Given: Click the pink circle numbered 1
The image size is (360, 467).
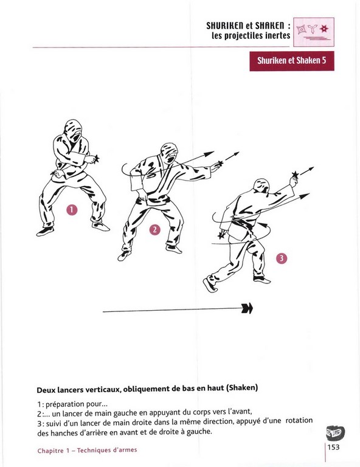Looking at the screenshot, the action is click(72, 210).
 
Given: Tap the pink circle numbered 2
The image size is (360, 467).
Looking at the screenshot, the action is click(155, 230).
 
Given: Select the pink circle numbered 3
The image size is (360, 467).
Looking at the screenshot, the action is click(282, 258).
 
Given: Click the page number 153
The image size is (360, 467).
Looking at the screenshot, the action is click(333, 447).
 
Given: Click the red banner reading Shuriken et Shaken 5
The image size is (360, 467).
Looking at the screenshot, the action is click(292, 61).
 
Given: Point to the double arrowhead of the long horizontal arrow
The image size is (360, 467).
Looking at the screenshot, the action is click(247, 308).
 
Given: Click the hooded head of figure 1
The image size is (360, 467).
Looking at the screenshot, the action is click(73, 130).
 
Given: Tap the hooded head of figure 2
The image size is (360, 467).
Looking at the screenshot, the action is click(169, 152).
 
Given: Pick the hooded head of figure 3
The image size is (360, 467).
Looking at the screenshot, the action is click(261, 186).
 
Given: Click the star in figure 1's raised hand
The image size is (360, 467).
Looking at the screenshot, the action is click(96, 159).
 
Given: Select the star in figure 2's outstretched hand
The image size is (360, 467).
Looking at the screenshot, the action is click(220, 163).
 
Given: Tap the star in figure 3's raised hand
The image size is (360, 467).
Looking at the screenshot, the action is click(295, 175).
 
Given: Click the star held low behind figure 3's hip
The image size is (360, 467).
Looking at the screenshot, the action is click(221, 235).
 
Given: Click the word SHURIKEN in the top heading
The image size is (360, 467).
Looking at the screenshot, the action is click(225, 26).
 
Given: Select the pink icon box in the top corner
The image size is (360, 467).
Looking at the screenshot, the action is click(314, 32).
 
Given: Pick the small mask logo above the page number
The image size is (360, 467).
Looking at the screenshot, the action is click(335, 434).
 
